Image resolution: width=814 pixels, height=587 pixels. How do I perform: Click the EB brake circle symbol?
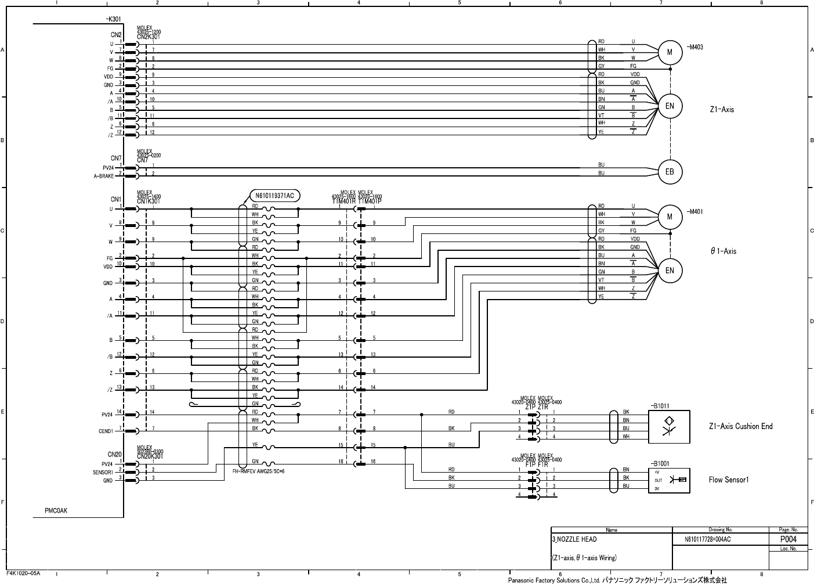coord(670,172)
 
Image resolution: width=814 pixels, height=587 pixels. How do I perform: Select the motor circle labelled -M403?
coord(670,52)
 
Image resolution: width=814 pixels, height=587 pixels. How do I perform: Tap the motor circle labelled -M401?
coord(670,217)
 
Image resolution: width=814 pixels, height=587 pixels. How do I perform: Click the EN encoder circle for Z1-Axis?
coord(670,106)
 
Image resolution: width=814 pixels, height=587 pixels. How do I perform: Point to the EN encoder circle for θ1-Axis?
coord(670,270)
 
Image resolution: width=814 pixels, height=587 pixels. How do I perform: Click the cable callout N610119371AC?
coord(274,196)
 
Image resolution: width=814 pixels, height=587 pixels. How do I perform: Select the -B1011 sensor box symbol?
coord(669,427)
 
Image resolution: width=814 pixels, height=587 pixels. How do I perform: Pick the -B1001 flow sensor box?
coord(669,480)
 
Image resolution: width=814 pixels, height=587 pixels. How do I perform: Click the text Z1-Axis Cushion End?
coord(740,426)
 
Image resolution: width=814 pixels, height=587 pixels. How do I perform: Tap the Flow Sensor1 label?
coord(729,480)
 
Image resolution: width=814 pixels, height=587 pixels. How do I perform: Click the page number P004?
coord(788,539)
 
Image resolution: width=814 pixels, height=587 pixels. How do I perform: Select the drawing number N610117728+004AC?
coord(707,539)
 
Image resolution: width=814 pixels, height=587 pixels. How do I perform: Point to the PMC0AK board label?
coord(56,511)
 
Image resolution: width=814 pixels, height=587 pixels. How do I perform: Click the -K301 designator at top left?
coord(113,19)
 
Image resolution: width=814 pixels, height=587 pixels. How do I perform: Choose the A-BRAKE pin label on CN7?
coord(104,175)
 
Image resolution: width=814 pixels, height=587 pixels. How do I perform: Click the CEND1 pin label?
coord(106,431)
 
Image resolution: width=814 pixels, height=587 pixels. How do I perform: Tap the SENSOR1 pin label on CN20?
coord(103,473)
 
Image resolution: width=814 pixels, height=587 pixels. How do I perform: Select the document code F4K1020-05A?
coord(23,573)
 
